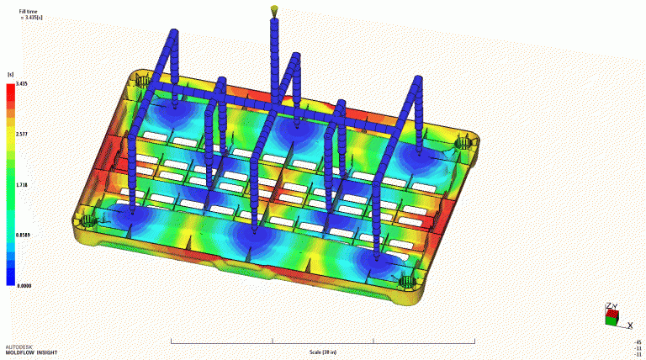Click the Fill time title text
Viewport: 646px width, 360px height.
point(28,11)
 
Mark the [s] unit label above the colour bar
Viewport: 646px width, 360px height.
point(11,74)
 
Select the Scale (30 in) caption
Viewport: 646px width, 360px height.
point(322,352)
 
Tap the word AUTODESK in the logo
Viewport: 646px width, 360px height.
point(19,346)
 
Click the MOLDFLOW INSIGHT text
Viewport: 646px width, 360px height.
point(29,352)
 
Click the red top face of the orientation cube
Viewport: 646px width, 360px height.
point(614,314)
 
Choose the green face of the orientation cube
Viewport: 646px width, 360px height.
point(610,320)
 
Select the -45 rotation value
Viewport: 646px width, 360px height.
point(638,342)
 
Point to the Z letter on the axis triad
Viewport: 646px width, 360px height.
point(607,306)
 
